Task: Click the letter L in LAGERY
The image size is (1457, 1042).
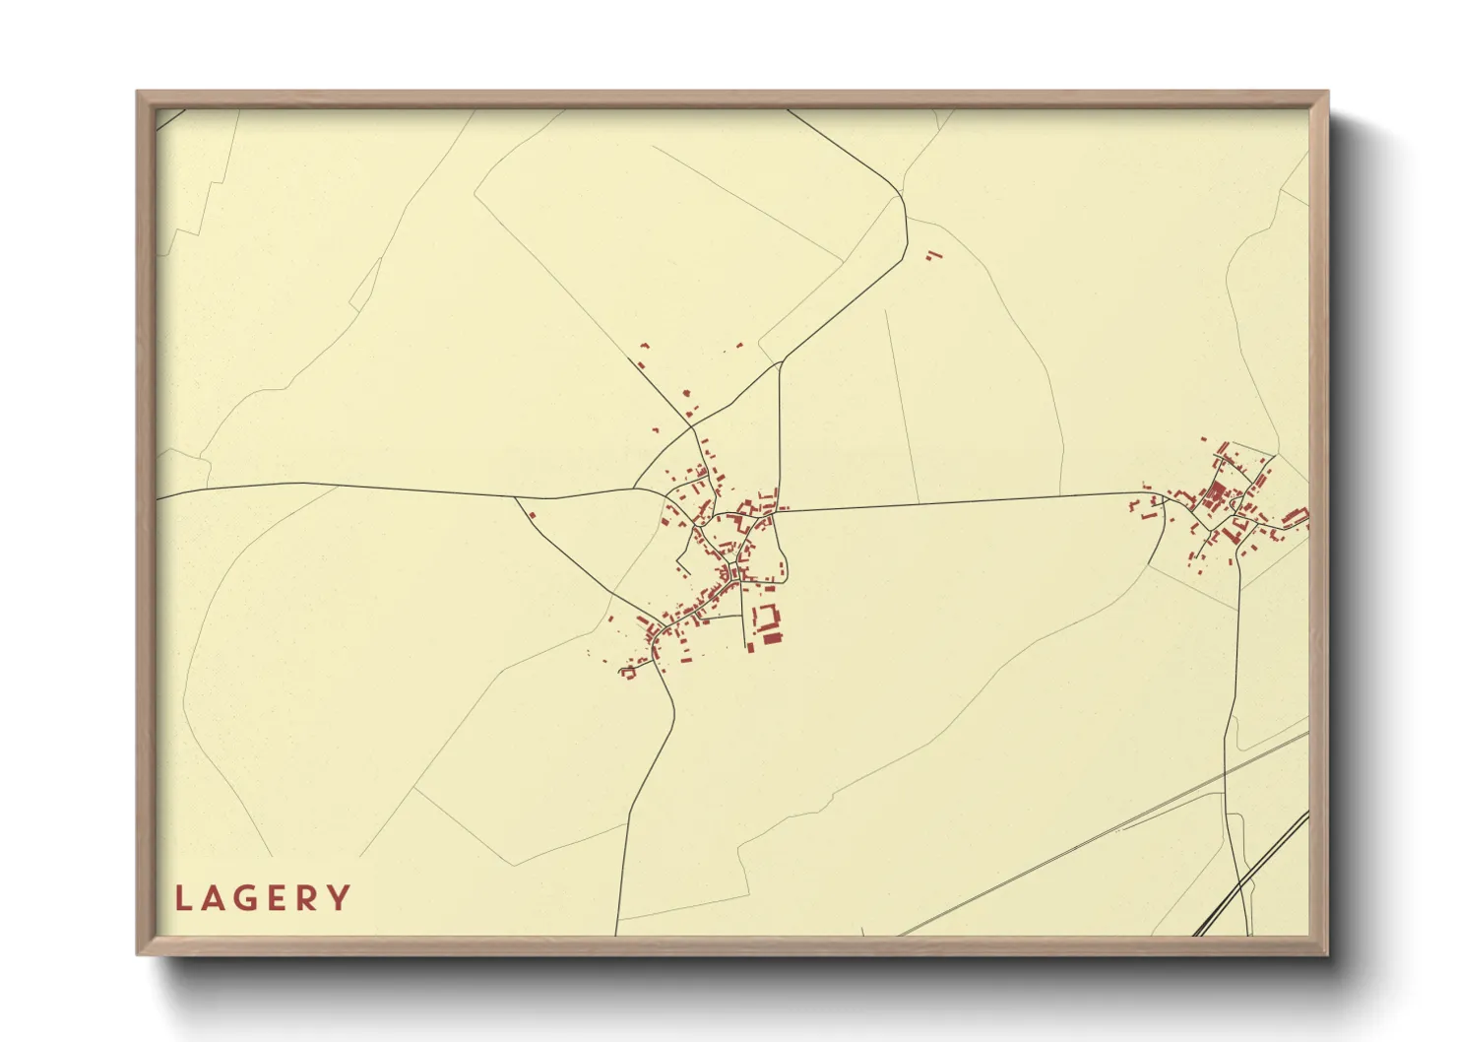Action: coord(182,898)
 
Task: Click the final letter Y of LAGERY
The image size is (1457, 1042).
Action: coord(340,898)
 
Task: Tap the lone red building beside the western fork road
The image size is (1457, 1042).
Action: coord(533,514)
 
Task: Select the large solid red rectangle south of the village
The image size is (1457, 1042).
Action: coord(771,639)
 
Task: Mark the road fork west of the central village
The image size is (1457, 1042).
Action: coord(516,498)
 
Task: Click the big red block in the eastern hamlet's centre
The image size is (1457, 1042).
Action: coord(1215,493)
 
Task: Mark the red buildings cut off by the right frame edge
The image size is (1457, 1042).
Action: coord(1297,517)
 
